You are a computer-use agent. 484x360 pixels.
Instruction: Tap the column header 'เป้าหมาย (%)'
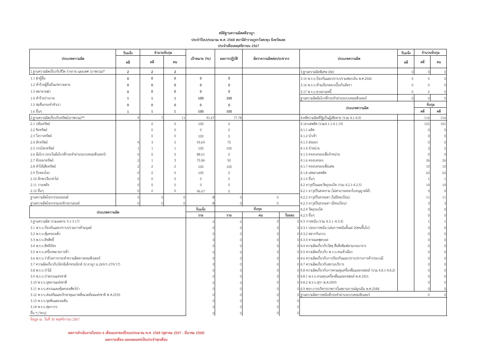coord(200,59)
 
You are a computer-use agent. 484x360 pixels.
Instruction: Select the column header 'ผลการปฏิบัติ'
coord(229,59)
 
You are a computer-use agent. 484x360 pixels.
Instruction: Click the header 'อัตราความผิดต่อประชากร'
coord(271,59)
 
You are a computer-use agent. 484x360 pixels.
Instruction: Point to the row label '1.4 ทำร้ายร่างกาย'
coord(43,98)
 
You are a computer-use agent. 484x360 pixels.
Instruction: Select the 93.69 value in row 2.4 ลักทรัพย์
coord(201,142)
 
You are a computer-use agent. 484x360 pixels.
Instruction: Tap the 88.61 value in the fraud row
coord(201,154)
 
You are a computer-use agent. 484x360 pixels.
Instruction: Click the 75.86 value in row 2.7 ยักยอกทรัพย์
coord(201,160)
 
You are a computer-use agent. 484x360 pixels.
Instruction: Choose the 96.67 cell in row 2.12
coord(201,191)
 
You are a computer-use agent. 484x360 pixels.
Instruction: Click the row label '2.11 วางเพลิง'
coord(40,185)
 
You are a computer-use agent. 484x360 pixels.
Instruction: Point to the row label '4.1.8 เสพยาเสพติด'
coord(313,172)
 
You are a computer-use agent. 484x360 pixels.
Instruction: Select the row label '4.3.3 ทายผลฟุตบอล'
coord(314,240)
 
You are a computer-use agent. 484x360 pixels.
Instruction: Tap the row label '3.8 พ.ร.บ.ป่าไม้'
coord(41,270)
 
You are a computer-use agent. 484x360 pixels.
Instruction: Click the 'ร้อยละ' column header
coord(289,215)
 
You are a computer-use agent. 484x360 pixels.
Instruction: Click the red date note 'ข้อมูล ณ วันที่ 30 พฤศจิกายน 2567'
coord(55,319)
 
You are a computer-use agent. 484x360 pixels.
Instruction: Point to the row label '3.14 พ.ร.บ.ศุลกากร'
coord(44,307)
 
